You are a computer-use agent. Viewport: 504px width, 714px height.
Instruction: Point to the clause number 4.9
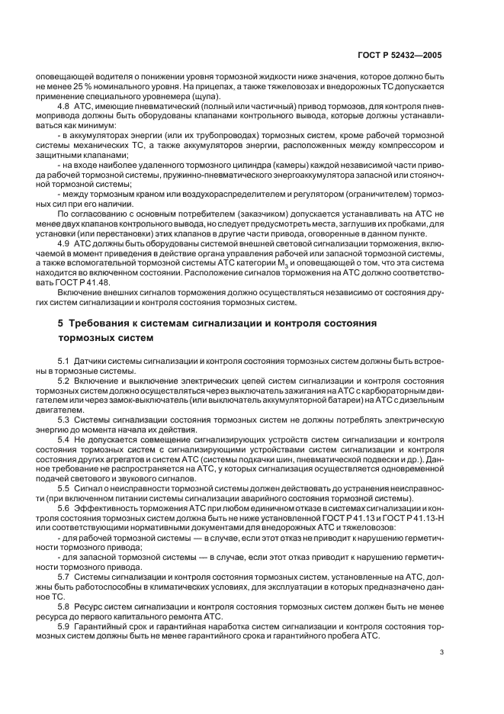[64, 242]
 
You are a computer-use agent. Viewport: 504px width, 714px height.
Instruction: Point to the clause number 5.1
[64, 359]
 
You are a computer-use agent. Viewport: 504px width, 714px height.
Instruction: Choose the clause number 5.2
[64, 379]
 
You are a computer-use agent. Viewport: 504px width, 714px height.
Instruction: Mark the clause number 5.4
[64, 440]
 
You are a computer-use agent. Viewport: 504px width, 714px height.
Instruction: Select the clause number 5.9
[64, 626]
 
